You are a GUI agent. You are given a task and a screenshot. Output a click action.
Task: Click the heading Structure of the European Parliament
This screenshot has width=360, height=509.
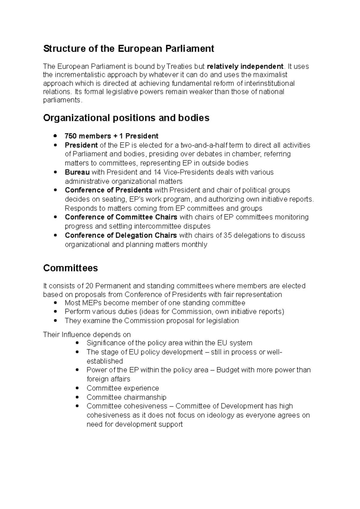click(128, 49)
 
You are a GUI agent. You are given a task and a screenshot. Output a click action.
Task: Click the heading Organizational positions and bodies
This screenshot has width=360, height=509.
click(126, 118)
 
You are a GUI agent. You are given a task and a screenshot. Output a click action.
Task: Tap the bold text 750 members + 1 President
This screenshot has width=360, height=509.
click(112, 136)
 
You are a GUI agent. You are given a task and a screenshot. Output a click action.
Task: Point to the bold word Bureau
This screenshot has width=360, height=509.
click(77, 172)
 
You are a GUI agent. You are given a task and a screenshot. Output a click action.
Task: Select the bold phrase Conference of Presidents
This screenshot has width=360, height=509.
click(109, 190)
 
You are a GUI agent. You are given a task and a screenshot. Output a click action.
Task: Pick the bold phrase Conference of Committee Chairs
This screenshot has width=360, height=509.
click(121, 217)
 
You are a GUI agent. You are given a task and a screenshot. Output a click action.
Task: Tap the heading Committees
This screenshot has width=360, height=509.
click(70, 268)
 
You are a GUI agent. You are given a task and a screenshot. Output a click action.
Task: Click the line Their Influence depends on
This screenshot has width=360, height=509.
click(87, 335)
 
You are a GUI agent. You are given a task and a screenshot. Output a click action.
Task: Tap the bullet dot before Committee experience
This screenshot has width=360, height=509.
click(78, 388)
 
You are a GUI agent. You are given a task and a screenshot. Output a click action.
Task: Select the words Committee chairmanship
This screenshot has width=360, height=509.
click(126, 397)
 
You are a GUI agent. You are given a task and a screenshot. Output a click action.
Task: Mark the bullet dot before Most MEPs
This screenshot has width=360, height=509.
click(55, 303)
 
